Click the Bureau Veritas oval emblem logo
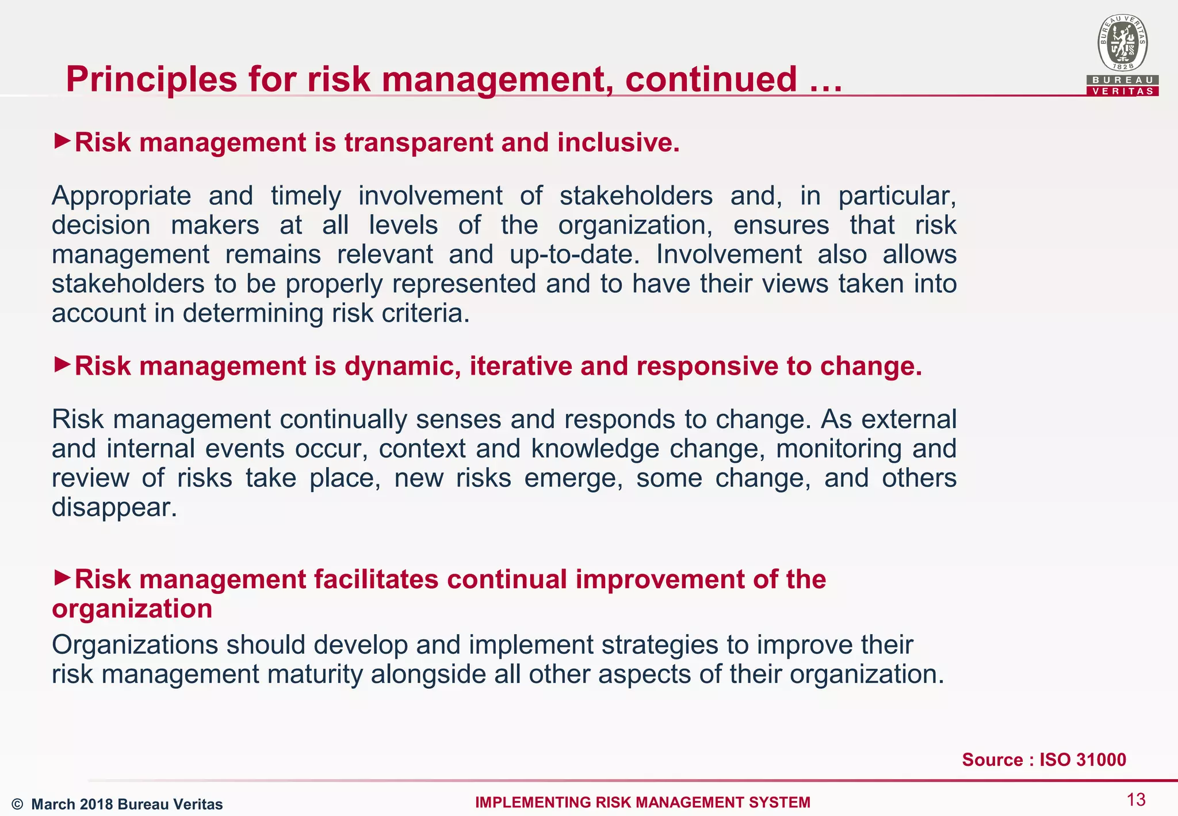coord(1122,44)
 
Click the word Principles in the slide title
coord(151,79)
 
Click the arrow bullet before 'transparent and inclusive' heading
coord(62,140)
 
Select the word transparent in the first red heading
coord(418,143)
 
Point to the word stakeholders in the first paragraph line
coord(636,196)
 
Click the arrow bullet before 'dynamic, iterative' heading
coord(62,364)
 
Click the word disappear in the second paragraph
coord(114,508)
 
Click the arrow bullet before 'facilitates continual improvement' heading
coord(62,577)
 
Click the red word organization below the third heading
coord(132,609)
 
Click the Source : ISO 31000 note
coord(1043,760)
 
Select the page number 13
coord(1136,800)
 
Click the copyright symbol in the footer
coord(17,804)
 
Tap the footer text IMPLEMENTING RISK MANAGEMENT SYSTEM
coord(642,803)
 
